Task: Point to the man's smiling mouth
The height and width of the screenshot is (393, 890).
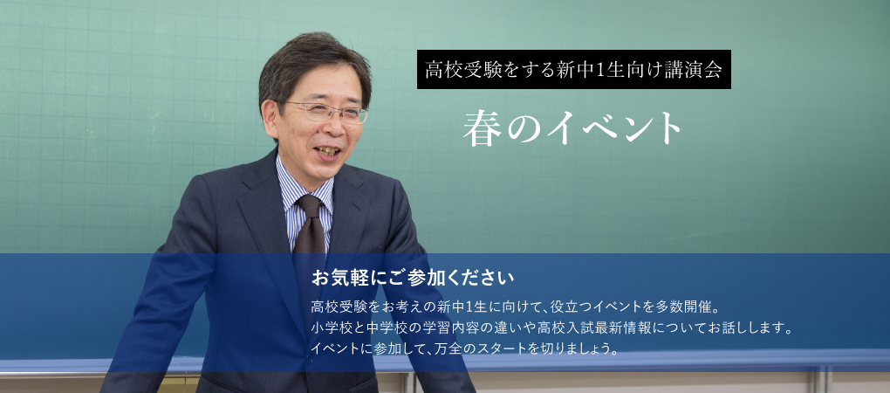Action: pos(328,152)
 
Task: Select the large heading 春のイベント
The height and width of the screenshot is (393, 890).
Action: pos(572,127)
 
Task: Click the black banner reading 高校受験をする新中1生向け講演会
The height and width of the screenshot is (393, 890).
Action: pos(574,69)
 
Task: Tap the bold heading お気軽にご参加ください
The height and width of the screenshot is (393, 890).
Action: pos(413,279)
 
